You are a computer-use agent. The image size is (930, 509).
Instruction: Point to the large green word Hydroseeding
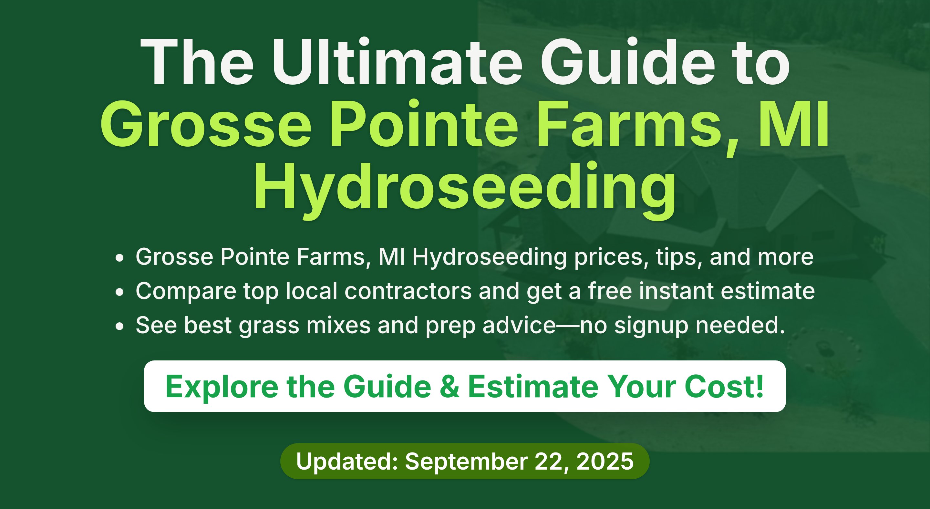point(465,190)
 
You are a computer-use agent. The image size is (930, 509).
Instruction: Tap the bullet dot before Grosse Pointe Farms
point(119,258)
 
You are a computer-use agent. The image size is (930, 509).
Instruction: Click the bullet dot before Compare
point(119,293)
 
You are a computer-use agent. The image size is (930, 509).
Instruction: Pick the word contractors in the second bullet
point(408,291)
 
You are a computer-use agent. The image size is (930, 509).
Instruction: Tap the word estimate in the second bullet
point(768,291)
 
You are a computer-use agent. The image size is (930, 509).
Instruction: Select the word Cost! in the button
point(724,387)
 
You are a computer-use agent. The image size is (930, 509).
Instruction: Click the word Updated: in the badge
point(347,461)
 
